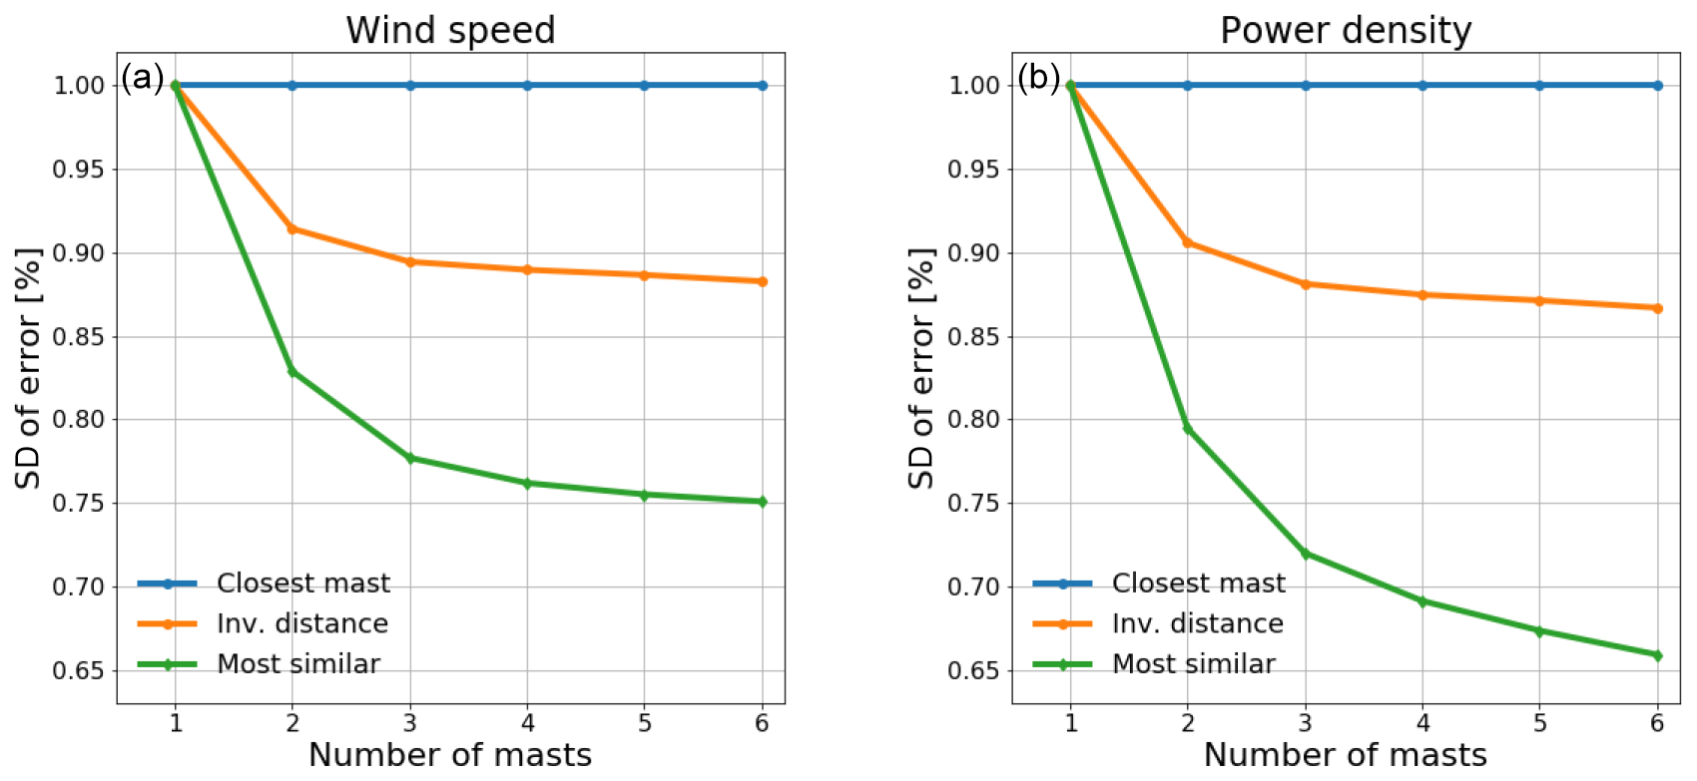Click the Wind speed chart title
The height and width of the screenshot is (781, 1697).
[x=450, y=30]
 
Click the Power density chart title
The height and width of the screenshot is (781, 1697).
[x=1346, y=30]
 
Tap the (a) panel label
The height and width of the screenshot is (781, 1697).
[x=142, y=77]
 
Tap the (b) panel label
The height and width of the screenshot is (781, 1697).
[x=1038, y=77]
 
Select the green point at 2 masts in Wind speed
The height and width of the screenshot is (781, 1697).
[x=292, y=372]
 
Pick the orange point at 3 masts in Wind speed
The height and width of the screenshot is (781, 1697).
[x=410, y=262]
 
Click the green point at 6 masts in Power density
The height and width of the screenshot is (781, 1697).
[x=1658, y=655]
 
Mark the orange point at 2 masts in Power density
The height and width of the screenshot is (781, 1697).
[x=1188, y=242]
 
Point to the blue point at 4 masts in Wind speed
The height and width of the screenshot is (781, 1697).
[x=527, y=86]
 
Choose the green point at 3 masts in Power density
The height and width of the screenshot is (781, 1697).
[x=1306, y=554]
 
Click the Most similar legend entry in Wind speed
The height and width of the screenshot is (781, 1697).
[x=298, y=664]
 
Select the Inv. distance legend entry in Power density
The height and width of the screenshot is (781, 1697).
[x=1198, y=624]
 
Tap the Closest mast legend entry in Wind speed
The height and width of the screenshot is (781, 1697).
[x=303, y=584]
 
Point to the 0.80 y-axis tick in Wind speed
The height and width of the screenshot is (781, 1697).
[x=79, y=420]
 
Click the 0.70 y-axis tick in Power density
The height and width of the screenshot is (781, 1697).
[x=974, y=586]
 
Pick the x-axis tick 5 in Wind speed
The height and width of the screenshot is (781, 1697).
[x=645, y=723]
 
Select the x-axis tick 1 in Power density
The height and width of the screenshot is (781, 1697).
[x=1071, y=723]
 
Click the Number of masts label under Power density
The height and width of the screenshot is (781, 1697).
[x=1346, y=755]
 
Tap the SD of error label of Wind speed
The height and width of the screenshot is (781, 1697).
[x=28, y=369]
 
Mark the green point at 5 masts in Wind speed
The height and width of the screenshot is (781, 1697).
[x=645, y=495]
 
